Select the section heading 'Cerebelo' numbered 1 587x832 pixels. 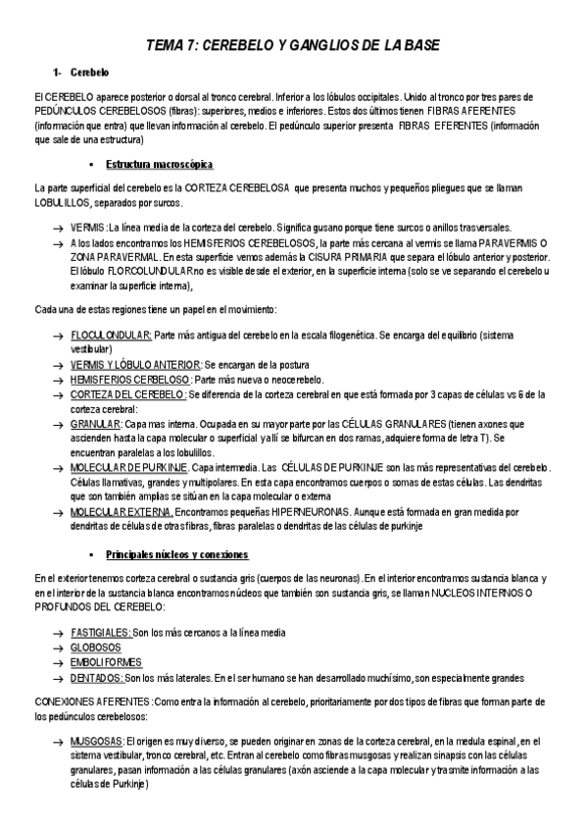click(90, 75)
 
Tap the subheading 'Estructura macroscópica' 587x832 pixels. click(160, 163)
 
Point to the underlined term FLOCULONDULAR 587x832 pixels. click(111, 335)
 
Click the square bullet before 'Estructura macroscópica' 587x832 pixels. click(89, 164)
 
